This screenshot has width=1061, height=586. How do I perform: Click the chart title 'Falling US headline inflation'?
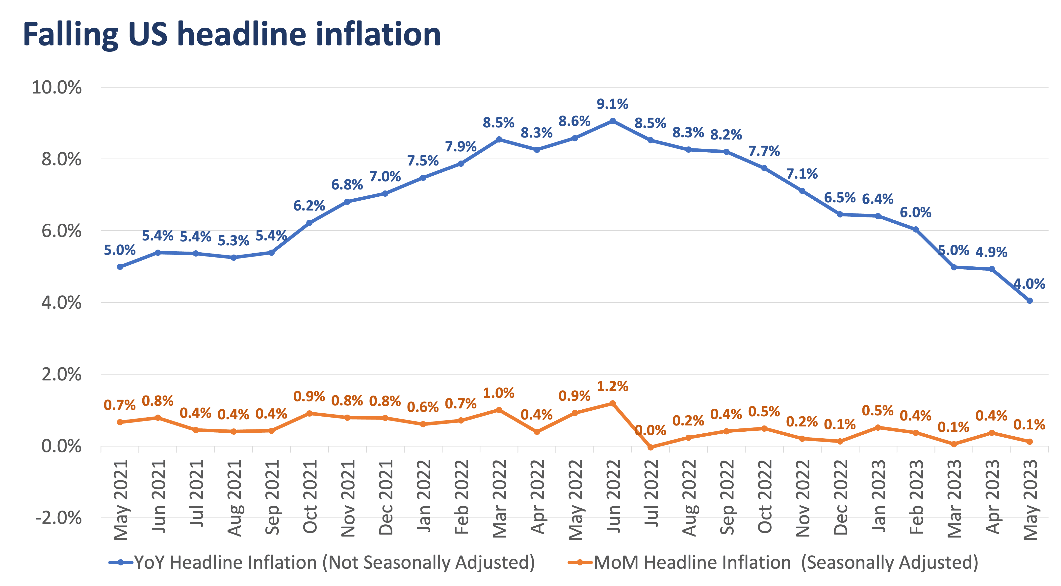tap(232, 35)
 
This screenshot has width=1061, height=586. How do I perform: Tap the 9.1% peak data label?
tap(613, 104)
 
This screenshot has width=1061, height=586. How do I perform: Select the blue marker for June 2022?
tap(613, 121)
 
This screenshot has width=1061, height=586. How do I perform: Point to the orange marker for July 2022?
tap(651, 447)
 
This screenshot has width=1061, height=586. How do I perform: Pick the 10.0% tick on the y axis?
tap(57, 87)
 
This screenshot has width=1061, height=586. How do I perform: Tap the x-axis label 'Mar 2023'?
tap(954, 499)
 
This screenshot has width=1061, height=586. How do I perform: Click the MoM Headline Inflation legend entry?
tap(773, 563)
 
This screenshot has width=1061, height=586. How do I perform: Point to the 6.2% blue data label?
tap(309, 206)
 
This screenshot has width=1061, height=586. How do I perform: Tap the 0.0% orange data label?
tap(651, 430)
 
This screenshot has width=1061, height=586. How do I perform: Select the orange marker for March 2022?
tap(499, 410)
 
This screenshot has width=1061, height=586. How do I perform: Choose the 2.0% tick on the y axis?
tap(61, 375)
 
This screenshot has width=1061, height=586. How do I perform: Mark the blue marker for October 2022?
tap(764, 168)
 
